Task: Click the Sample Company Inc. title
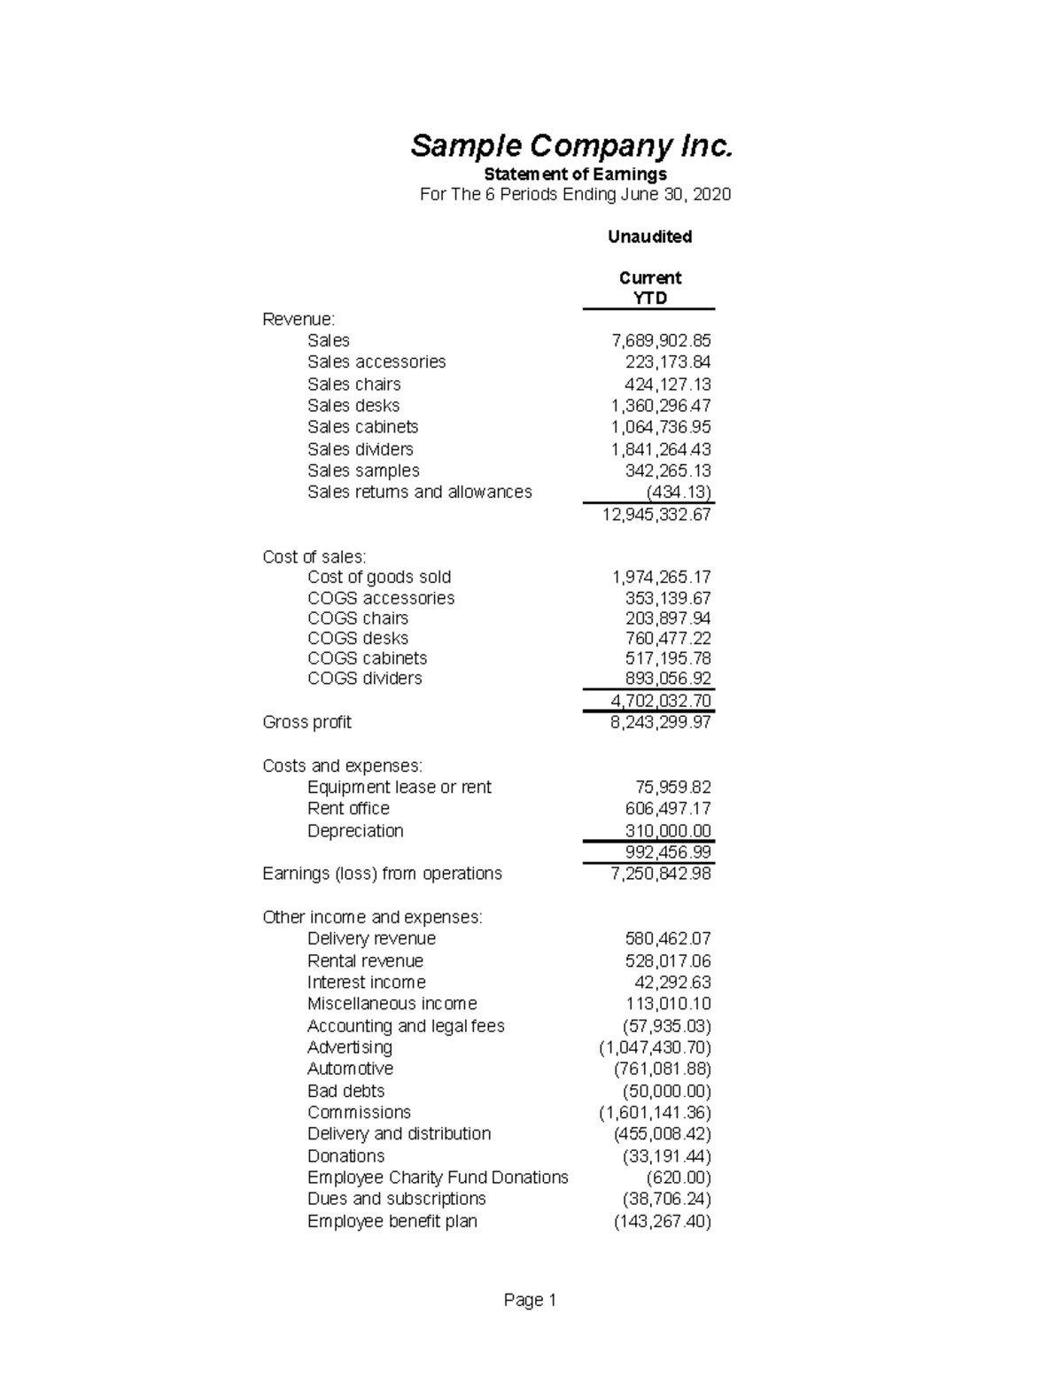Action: [571, 146]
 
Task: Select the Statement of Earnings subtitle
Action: [575, 174]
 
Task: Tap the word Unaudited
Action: [649, 237]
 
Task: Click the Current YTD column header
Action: [649, 288]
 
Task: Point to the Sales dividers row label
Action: [360, 449]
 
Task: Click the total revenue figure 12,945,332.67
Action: [656, 515]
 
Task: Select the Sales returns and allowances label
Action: [419, 492]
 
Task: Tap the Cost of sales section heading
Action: [314, 556]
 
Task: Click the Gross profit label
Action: [306, 722]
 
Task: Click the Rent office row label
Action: [348, 808]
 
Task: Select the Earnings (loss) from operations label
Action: [382, 874]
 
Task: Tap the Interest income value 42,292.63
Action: [671, 983]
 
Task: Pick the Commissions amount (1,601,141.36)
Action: [655, 1113]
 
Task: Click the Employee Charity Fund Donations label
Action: [438, 1178]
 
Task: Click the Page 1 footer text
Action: [530, 1300]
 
